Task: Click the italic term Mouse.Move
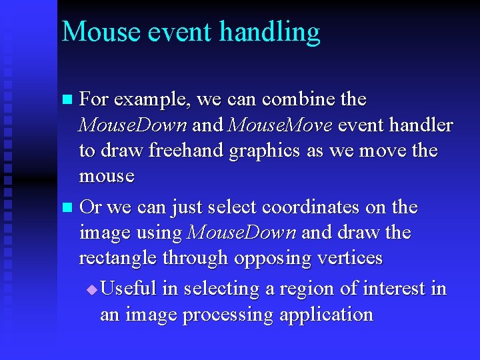coord(279,125)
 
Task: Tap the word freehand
coord(186,151)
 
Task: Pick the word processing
coord(228,315)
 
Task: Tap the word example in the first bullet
coord(153,101)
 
